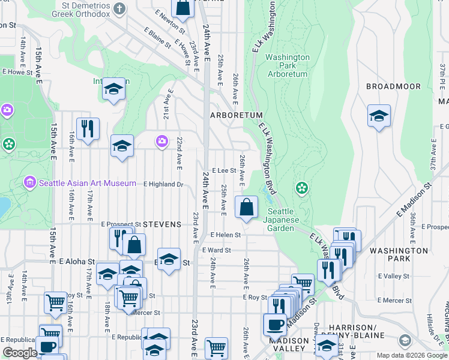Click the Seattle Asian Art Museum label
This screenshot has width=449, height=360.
point(88,182)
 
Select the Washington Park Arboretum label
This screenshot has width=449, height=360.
point(287,66)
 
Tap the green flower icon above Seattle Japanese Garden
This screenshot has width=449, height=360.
point(301,188)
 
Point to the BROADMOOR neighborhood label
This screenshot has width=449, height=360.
point(393,86)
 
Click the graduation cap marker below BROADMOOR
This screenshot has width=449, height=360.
point(379,116)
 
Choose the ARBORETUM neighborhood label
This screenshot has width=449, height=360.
point(236,115)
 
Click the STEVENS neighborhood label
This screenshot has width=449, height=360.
point(162,224)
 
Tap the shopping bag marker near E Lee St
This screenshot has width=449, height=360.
point(246,208)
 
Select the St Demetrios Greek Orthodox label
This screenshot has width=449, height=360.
point(78,9)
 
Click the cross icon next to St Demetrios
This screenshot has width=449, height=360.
point(119,8)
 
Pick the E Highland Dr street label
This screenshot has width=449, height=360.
point(163,184)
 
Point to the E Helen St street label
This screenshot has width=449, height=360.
point(225,235)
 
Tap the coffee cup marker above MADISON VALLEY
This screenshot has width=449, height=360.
point(275,324)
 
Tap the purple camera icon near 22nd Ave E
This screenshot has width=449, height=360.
point(161,141)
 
